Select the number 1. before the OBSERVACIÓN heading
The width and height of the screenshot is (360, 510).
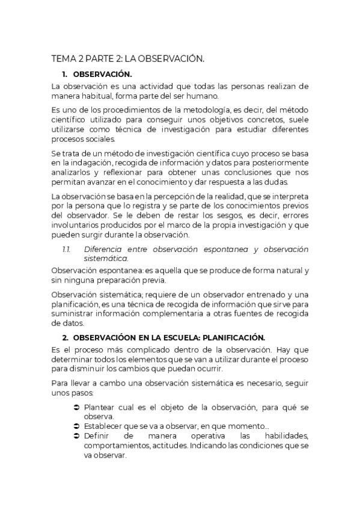[66, 74]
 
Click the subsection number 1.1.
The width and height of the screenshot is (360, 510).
[67, 249]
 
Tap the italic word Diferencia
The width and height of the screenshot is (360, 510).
[105, 249]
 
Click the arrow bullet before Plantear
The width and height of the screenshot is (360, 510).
[76, 408]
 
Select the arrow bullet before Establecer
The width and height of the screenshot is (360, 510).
[76, 426]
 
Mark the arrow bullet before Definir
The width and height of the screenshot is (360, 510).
[76, 435]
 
